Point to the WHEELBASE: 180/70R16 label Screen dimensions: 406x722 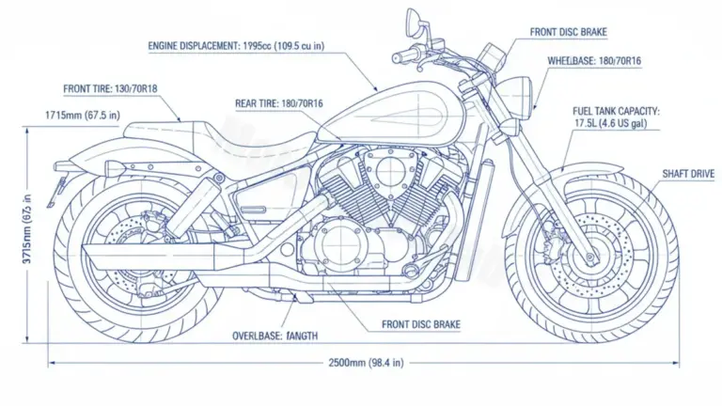(595, 60)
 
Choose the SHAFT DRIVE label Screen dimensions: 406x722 (688, 174)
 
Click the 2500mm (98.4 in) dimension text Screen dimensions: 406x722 (367, 362)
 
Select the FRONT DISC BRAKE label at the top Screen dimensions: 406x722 (568, 32)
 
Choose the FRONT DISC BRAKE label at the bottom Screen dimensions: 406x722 (421, 325)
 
